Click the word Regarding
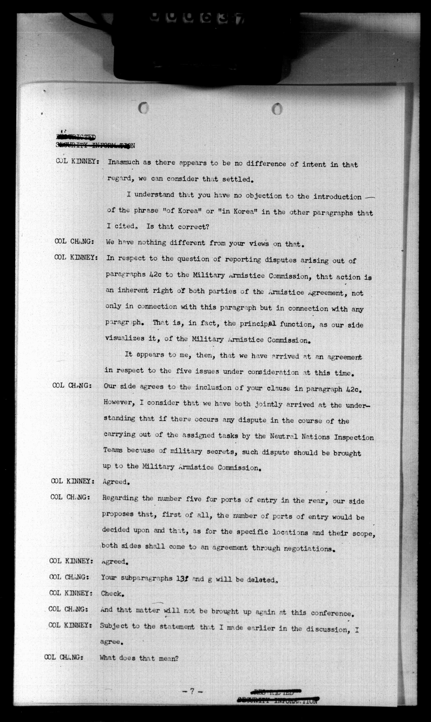point(120,498)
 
